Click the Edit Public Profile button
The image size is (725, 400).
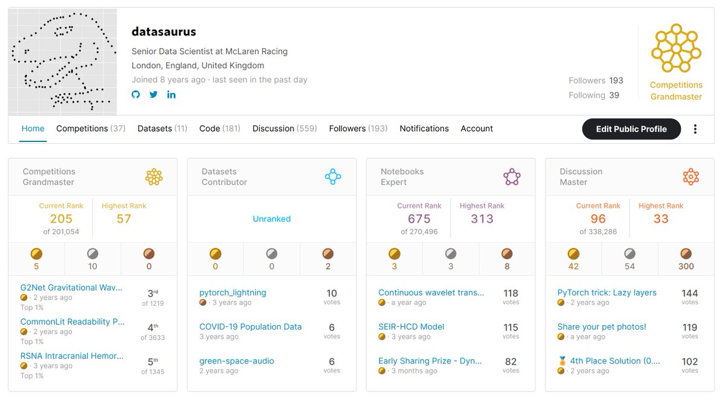pyautogui.click(x=631, y=129)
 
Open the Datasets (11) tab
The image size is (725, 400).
pyautogui.click(x=162, y=129)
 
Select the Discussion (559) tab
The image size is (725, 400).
pyautogui.click(x=285, y=129)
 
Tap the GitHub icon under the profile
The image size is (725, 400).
pyautogui.click(x=135, y=94)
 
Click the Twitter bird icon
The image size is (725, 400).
pyautogui.click(x=153, y=94)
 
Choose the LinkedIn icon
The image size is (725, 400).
pyautogui.click(x=171, y=94)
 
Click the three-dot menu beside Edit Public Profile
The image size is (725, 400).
pyautogui.click(x=695, y=129)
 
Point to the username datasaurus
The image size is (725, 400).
pyautogui.click(x=164, y=31)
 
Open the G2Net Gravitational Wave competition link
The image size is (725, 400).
pyautogui.click(x=71, y=288)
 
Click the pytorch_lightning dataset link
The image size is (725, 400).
pyautogui.click(x=233, y=292)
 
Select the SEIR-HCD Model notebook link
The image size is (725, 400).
pyautogui.click(x=411, y=326)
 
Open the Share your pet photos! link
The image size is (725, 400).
pyautogui.click(x=601, y=326)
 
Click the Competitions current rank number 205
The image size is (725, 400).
pyautogui.click(x=61, y=219)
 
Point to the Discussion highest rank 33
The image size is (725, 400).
pyautogui.click(x=660, y=219)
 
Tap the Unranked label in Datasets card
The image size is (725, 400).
pyautogui.click(x=271, y=219)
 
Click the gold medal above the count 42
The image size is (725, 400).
pyautogui.click(x=573, y=254)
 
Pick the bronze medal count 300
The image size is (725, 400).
pyautogui.click(x=686, y=266)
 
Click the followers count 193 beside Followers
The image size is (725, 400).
pyautogui.click(x=616, y=80)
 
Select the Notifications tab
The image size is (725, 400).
pyautogui.click(x=424, y=129)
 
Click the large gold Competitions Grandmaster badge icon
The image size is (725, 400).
pyautogui.click(x=676, y=48)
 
